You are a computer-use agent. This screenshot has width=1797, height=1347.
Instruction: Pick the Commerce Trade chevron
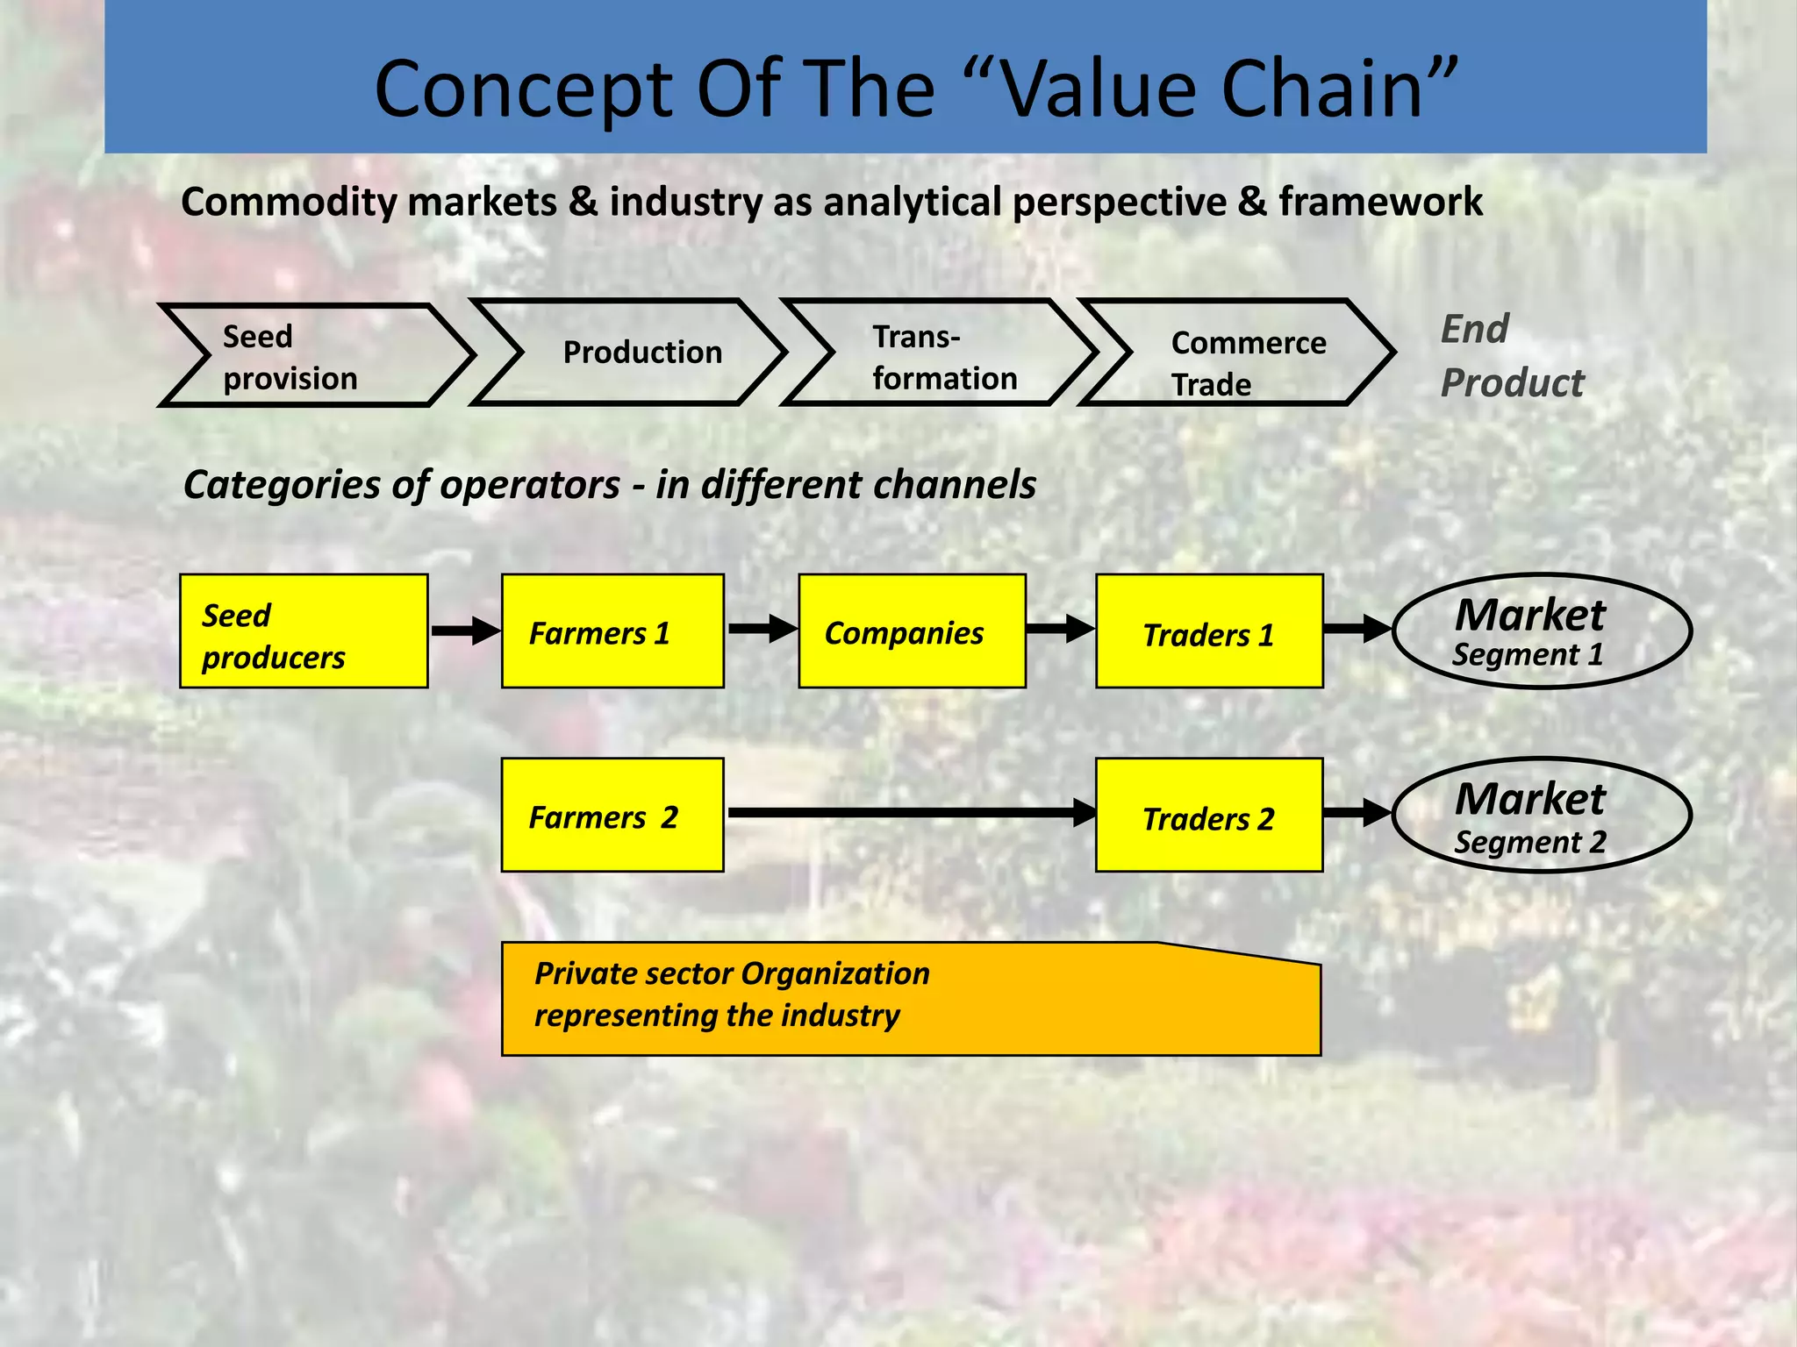coord(1237,353)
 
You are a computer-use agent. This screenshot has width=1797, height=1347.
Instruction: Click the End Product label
coord(1512,356)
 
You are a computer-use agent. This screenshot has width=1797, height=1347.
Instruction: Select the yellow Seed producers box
coord(304,631)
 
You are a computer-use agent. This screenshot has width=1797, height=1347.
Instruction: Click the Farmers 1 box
coord(612,631)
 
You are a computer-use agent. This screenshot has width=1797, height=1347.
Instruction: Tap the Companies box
coord(912,631)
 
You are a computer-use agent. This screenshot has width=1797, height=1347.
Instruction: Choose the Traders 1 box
coord(1209,631)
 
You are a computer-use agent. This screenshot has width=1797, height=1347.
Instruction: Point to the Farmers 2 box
coord(612,815)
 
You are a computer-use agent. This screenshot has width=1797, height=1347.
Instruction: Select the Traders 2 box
coord(1209,815)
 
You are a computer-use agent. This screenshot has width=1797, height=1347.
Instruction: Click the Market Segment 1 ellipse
coord(1541,631)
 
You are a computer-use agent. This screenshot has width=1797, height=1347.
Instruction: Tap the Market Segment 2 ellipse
coord(1541,815)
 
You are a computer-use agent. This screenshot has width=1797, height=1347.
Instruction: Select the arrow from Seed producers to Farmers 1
coord(464,631)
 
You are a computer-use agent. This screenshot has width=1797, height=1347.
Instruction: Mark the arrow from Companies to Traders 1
coord(1060,629)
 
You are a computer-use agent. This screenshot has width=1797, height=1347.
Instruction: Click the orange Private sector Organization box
coord(911,1000)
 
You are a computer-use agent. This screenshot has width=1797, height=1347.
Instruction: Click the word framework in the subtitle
coord(1380,203)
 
